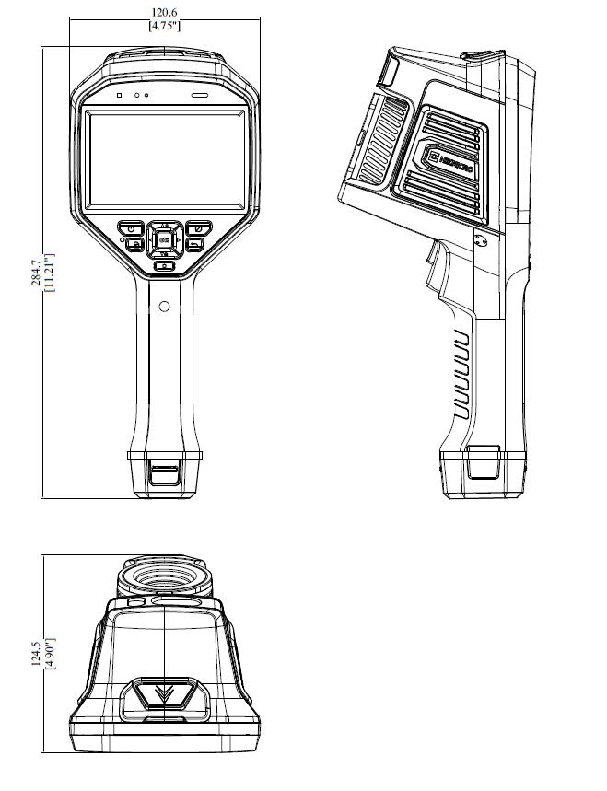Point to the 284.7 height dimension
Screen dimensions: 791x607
click(35, 273)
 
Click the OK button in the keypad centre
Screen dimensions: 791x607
click(163, 239)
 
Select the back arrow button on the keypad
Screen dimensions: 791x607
click(194, 244)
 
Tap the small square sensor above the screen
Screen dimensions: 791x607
click(119, 95)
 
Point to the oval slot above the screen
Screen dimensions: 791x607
click(200, 95)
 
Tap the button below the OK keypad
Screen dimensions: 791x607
click(163, 266)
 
